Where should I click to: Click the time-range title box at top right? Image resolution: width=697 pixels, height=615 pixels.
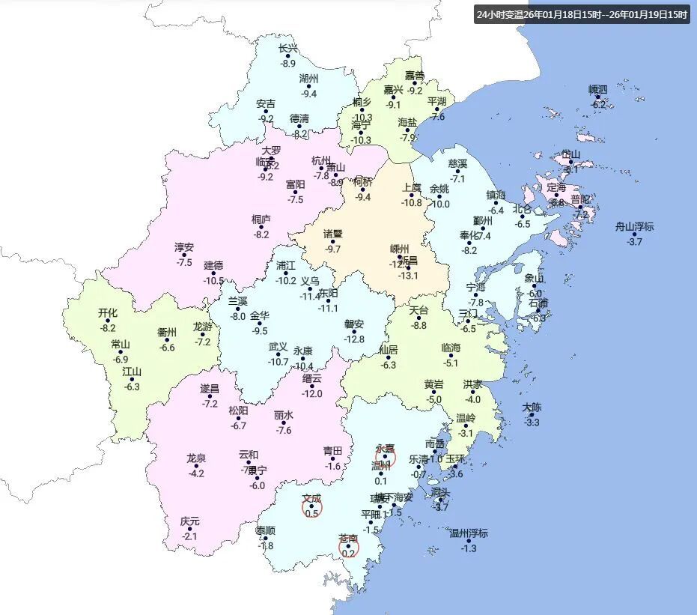[x=581, y=14]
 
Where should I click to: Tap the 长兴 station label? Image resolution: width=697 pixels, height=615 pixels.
[x=288, y=49]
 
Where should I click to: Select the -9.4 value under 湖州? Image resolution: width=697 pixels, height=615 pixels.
[x=309, y=94]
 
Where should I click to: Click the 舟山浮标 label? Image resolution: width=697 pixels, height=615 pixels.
[x=634, y=226]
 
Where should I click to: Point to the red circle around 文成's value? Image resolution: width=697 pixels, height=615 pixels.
[x=312, y=509]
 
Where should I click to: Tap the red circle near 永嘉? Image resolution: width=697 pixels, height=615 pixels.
[x=386, y=457]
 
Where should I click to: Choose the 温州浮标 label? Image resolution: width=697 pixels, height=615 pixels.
[x=468, y=533]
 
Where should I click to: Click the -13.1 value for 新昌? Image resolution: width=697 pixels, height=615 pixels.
[x=408, y=276]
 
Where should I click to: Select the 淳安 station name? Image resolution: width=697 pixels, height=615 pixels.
[x=184, y=247]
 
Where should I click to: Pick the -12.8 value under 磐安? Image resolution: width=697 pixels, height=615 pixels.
[x=354, y=339]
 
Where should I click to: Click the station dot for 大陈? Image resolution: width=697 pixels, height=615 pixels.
[x=532, y=414]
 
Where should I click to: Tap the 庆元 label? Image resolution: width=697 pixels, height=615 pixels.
[x=190, y=521]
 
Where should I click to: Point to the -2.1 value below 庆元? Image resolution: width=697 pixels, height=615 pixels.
[x=190, y=536]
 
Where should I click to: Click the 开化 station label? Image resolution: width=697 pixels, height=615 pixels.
[x=109, y=313]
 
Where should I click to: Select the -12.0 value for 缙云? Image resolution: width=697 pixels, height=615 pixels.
[x=312, y=394]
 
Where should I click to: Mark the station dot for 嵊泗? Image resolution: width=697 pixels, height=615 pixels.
[x=597, y=97]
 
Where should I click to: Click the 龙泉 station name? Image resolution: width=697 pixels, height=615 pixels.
[x=197, y=458]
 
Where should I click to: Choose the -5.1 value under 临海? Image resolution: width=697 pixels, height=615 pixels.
[x=451, y=363]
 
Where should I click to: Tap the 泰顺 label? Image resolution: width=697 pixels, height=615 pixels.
[x=266, y=530]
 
